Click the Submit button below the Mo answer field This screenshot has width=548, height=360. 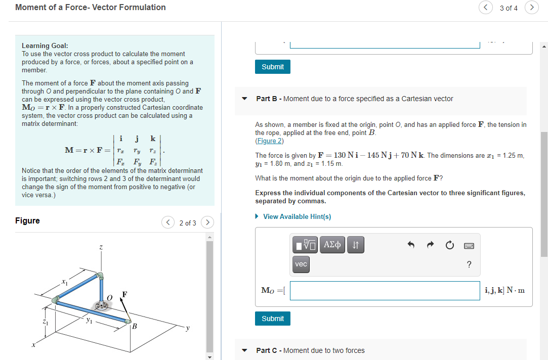tap(273, 319)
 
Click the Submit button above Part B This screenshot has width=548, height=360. tap(273, 67)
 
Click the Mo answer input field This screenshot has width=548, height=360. tap(385, 290)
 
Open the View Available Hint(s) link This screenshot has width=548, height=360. tap(297, 216)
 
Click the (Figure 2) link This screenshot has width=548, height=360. tap(270, 141)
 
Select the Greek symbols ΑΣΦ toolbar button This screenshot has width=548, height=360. tap(332, 245)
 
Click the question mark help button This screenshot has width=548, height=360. tap(469, 264)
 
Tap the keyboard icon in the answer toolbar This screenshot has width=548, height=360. tap(469, 245)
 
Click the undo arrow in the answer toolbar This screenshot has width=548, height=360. tap(411, 245)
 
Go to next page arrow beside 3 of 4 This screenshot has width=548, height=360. tap(531, 8)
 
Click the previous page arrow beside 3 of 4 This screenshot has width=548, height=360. tap(486, 8)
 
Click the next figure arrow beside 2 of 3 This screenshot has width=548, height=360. tap(207, 222)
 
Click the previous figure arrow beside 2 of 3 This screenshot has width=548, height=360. tap(168, 222)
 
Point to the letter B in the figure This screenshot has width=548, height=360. tap(134, 326)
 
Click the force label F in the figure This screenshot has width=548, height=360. tap(124, 294)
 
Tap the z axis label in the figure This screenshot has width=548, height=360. tap(101, 247)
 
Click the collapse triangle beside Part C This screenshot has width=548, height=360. tap(245, 350)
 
